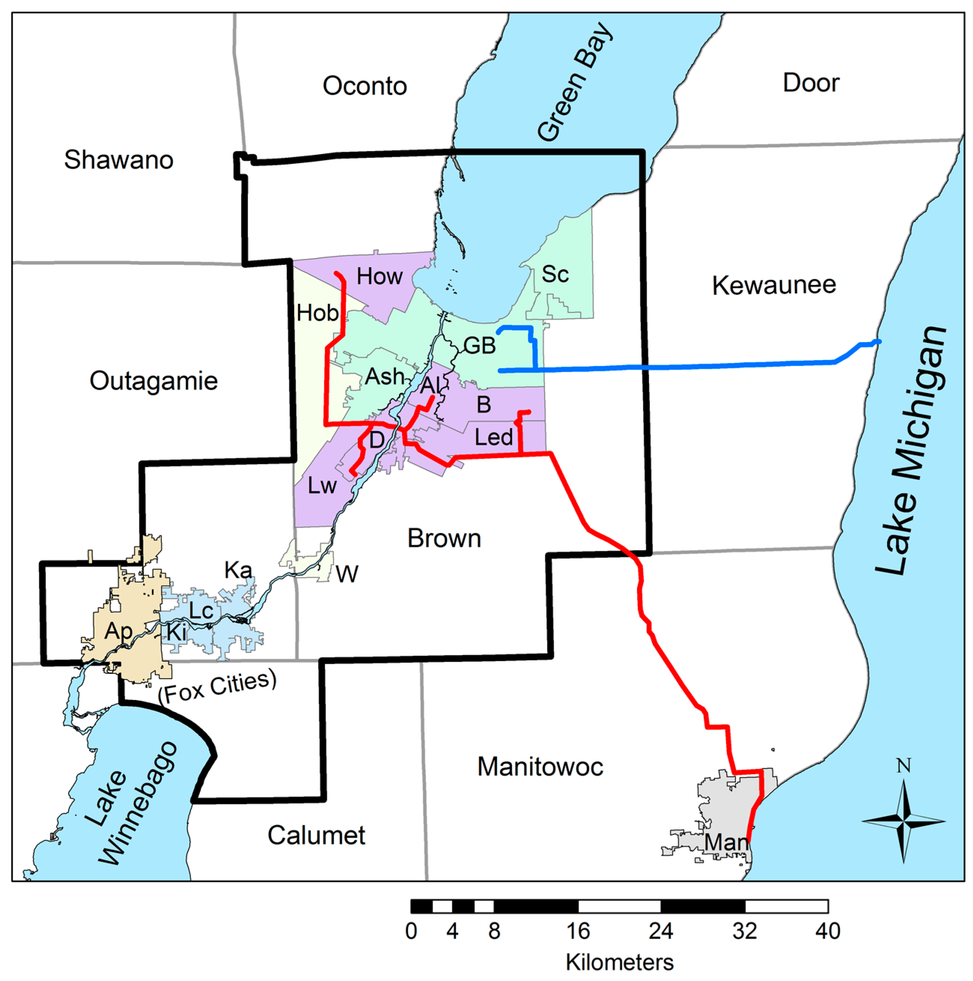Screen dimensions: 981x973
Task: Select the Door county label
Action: (x=811, y=83)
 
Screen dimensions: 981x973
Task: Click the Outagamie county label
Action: (x=153, y=381)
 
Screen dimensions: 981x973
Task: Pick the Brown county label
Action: (x=444, y=538)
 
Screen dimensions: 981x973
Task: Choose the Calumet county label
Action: (x=316, y=835)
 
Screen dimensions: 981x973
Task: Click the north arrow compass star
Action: (x=903, y=820)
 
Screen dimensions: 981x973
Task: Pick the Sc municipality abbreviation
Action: (x=555, y=274)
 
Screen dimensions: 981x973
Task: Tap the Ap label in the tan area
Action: (x=118, y=631)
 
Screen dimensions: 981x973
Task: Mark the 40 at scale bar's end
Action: (x=827, y=931)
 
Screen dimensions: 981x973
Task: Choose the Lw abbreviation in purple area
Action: (x=322, y=486)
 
